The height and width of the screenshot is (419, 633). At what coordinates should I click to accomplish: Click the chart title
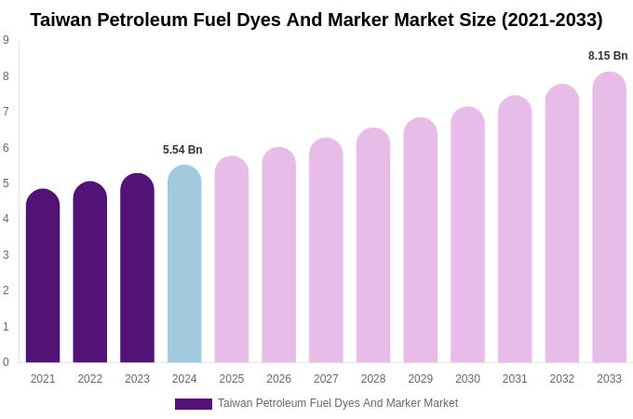[x=316, y=20]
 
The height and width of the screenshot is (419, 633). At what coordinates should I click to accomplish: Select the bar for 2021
[x=43, y=277]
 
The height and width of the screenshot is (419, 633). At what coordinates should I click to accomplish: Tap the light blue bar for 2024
[x=184, y=264]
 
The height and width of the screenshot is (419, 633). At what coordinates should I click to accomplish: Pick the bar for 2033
[x=609, y=218]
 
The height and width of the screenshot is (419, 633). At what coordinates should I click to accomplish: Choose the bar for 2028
[x=373, y=246]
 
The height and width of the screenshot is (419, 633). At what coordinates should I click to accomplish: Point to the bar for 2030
[x=467, y=235]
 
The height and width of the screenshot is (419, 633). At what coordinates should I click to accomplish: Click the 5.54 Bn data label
[x=182, y=150]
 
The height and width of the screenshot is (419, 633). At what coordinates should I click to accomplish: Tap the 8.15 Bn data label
[x=608, y=56]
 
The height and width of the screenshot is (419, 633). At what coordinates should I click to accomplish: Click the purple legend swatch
[x=194, y=404]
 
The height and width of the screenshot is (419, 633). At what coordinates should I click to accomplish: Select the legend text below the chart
[x=338, y=403]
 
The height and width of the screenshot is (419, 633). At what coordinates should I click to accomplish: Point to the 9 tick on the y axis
[x=6, y=40]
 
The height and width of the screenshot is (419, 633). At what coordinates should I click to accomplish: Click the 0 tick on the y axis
[x=6, y=362]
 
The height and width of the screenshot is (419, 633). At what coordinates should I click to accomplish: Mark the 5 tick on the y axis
[x=6, y=183]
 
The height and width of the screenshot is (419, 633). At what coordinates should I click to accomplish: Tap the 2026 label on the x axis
[x=279, y=379]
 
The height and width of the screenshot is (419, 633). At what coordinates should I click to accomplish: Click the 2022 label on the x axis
[x=90, y=379]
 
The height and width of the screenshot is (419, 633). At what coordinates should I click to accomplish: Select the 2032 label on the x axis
[x=562, y=379]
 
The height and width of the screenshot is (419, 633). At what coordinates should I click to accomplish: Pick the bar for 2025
[x=232, y=260]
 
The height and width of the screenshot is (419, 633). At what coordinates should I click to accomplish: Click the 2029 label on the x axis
[x=421, y=379]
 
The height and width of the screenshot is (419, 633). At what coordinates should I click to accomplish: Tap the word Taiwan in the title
[x=63, y=20]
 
